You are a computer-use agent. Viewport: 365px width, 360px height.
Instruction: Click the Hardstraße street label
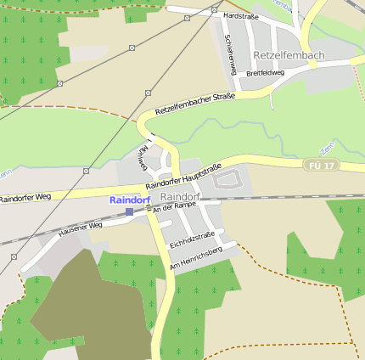click(x=240, y=16)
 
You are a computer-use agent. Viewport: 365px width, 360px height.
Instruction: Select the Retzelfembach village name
click(x=289, y=56)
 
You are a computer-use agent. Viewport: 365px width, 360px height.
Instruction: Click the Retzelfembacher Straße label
click(x=194, y=103)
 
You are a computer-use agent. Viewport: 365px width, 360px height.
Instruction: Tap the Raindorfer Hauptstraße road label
click(x=182, y=176)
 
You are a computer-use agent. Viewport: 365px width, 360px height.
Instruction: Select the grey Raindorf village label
click(x=180, y=197)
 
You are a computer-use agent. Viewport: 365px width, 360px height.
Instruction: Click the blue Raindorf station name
click(x=129, y=200)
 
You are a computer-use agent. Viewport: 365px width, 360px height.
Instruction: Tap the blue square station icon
click(x=129, y=211)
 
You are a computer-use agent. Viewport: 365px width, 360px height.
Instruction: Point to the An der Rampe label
click(x=173, y=208)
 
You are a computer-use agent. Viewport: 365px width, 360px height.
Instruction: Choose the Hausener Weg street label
click(x=80, y=228)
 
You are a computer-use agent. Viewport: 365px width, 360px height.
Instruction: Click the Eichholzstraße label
click(x=193, y=240)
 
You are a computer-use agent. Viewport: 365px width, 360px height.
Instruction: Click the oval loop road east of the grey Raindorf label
click(x=227, y=178)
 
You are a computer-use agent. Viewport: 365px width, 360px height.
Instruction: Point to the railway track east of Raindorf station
click(x=280, y=197)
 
